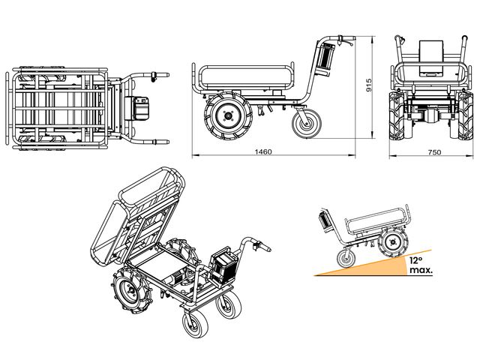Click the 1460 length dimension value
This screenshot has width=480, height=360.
pos(263,151)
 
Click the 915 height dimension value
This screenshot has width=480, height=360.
pos(369,85)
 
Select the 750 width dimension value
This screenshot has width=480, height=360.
pos(435,152)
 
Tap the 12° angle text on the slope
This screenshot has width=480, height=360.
pos(415,260)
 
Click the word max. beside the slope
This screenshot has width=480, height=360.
pos(421,270)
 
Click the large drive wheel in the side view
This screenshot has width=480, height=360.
pos(228,115)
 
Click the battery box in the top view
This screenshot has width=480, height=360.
pos(136,108)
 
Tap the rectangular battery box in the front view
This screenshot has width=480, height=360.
pos(431,58)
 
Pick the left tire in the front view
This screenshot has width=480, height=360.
pos(397,116)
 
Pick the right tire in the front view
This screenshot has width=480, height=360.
pos(466,116)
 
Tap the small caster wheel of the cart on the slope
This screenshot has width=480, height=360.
pos(346,259)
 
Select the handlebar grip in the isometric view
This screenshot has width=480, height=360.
pos(263,247)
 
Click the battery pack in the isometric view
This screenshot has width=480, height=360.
pos(224,265)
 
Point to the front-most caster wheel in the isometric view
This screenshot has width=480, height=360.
pos(195,324)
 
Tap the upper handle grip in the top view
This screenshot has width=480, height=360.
pos(160,75)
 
